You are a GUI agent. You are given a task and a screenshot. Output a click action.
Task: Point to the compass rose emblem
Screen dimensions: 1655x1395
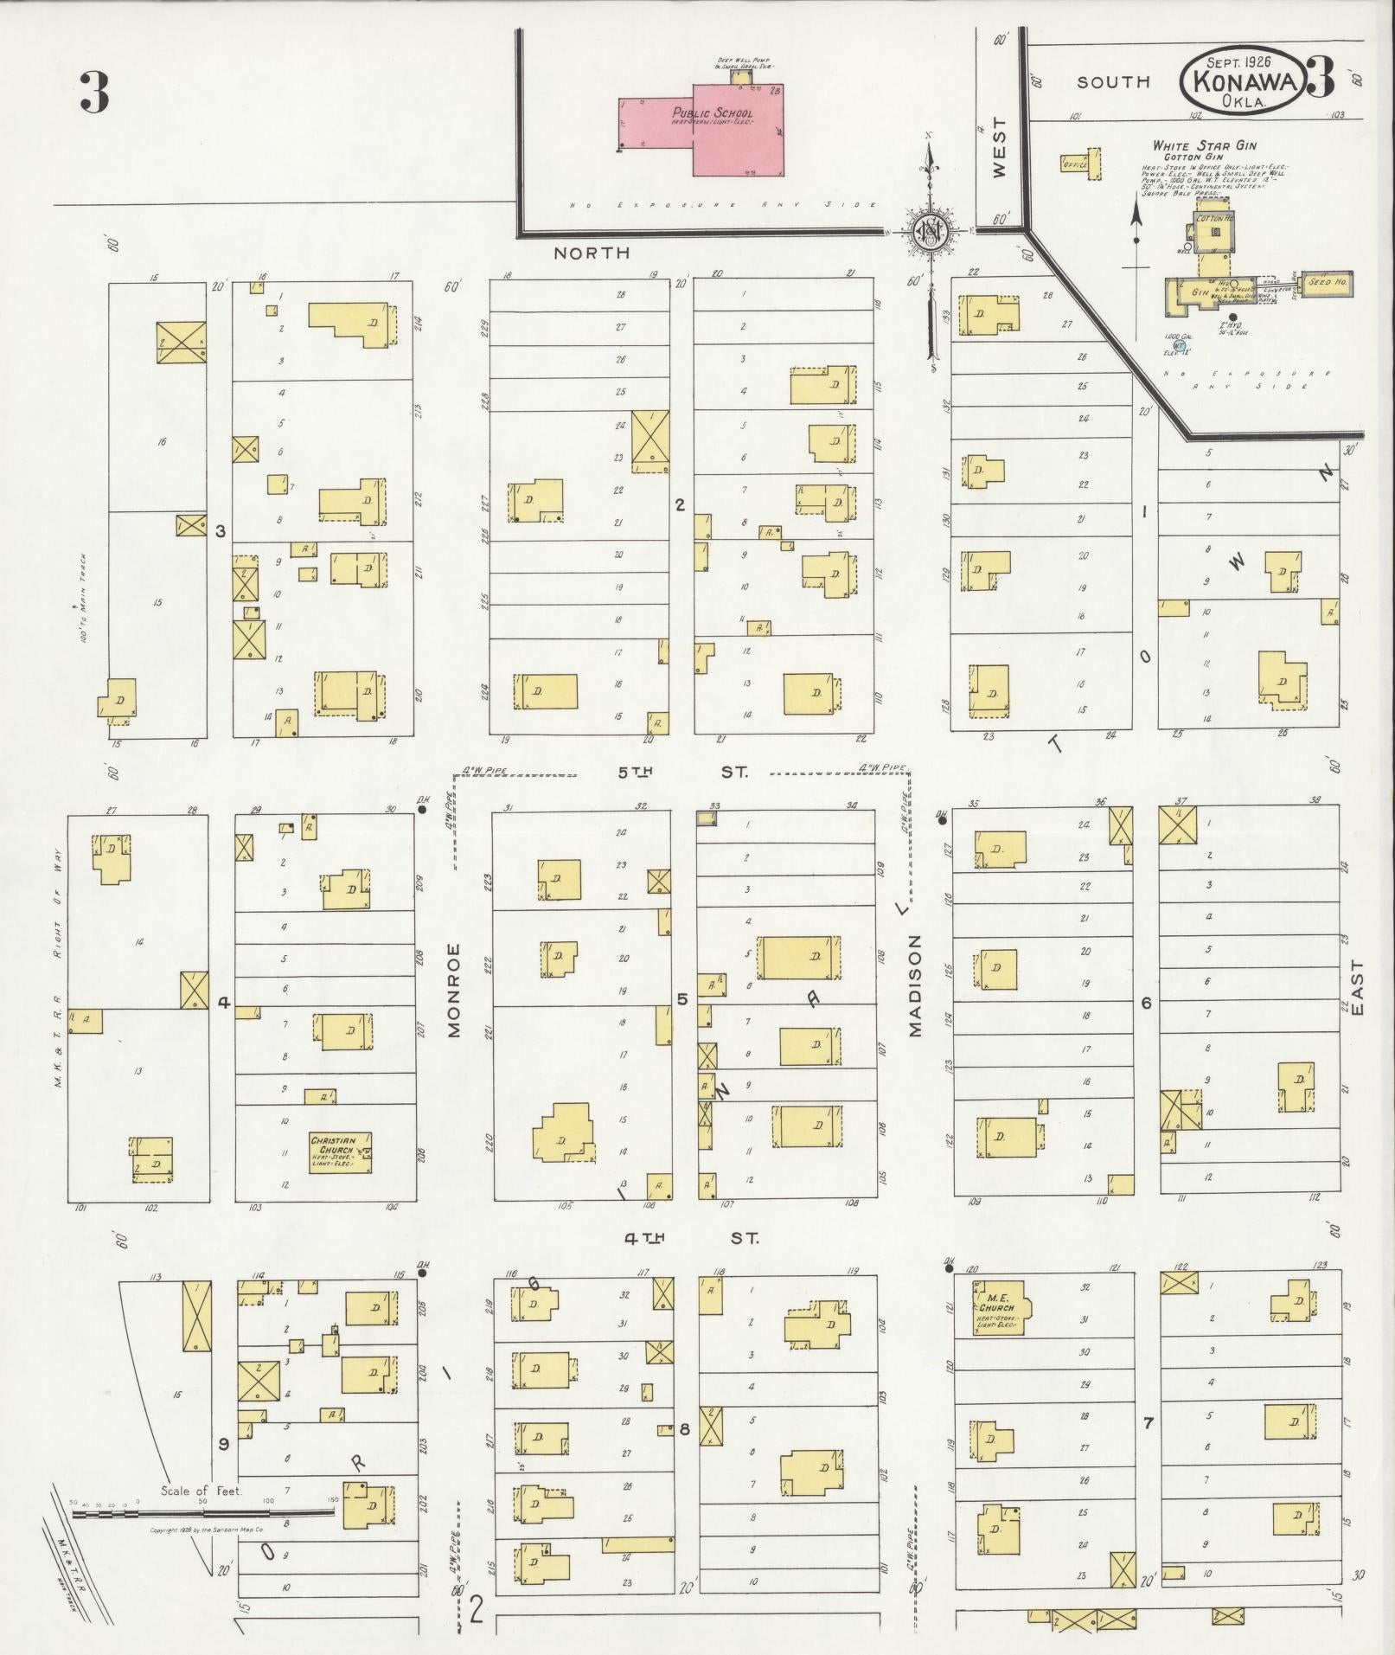[930, 232]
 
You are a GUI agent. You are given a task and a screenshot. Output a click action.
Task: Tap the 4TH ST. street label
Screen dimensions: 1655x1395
[691, 1238]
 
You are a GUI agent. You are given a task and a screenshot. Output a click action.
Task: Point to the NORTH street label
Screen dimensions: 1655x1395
[592, 253]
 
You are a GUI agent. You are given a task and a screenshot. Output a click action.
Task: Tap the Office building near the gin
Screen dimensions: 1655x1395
[1081, 164]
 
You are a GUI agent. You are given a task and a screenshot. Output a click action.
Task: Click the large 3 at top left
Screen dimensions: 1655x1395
[94, 93]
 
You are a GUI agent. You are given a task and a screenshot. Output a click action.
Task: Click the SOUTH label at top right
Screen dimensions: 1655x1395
[1112, 82]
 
